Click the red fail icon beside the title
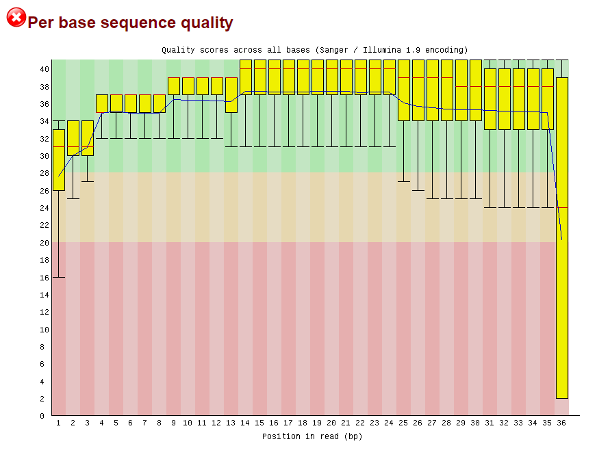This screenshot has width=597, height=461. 16,17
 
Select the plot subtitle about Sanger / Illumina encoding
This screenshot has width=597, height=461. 314,50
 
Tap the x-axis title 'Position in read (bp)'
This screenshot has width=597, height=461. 312,436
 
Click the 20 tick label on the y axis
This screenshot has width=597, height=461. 44,242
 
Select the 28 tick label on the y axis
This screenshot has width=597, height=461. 44,173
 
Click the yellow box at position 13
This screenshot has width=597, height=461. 231,94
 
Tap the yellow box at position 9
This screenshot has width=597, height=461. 174,86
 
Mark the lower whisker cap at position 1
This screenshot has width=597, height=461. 59,277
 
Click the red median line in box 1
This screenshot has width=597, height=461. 59,146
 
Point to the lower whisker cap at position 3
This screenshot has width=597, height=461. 88,181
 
